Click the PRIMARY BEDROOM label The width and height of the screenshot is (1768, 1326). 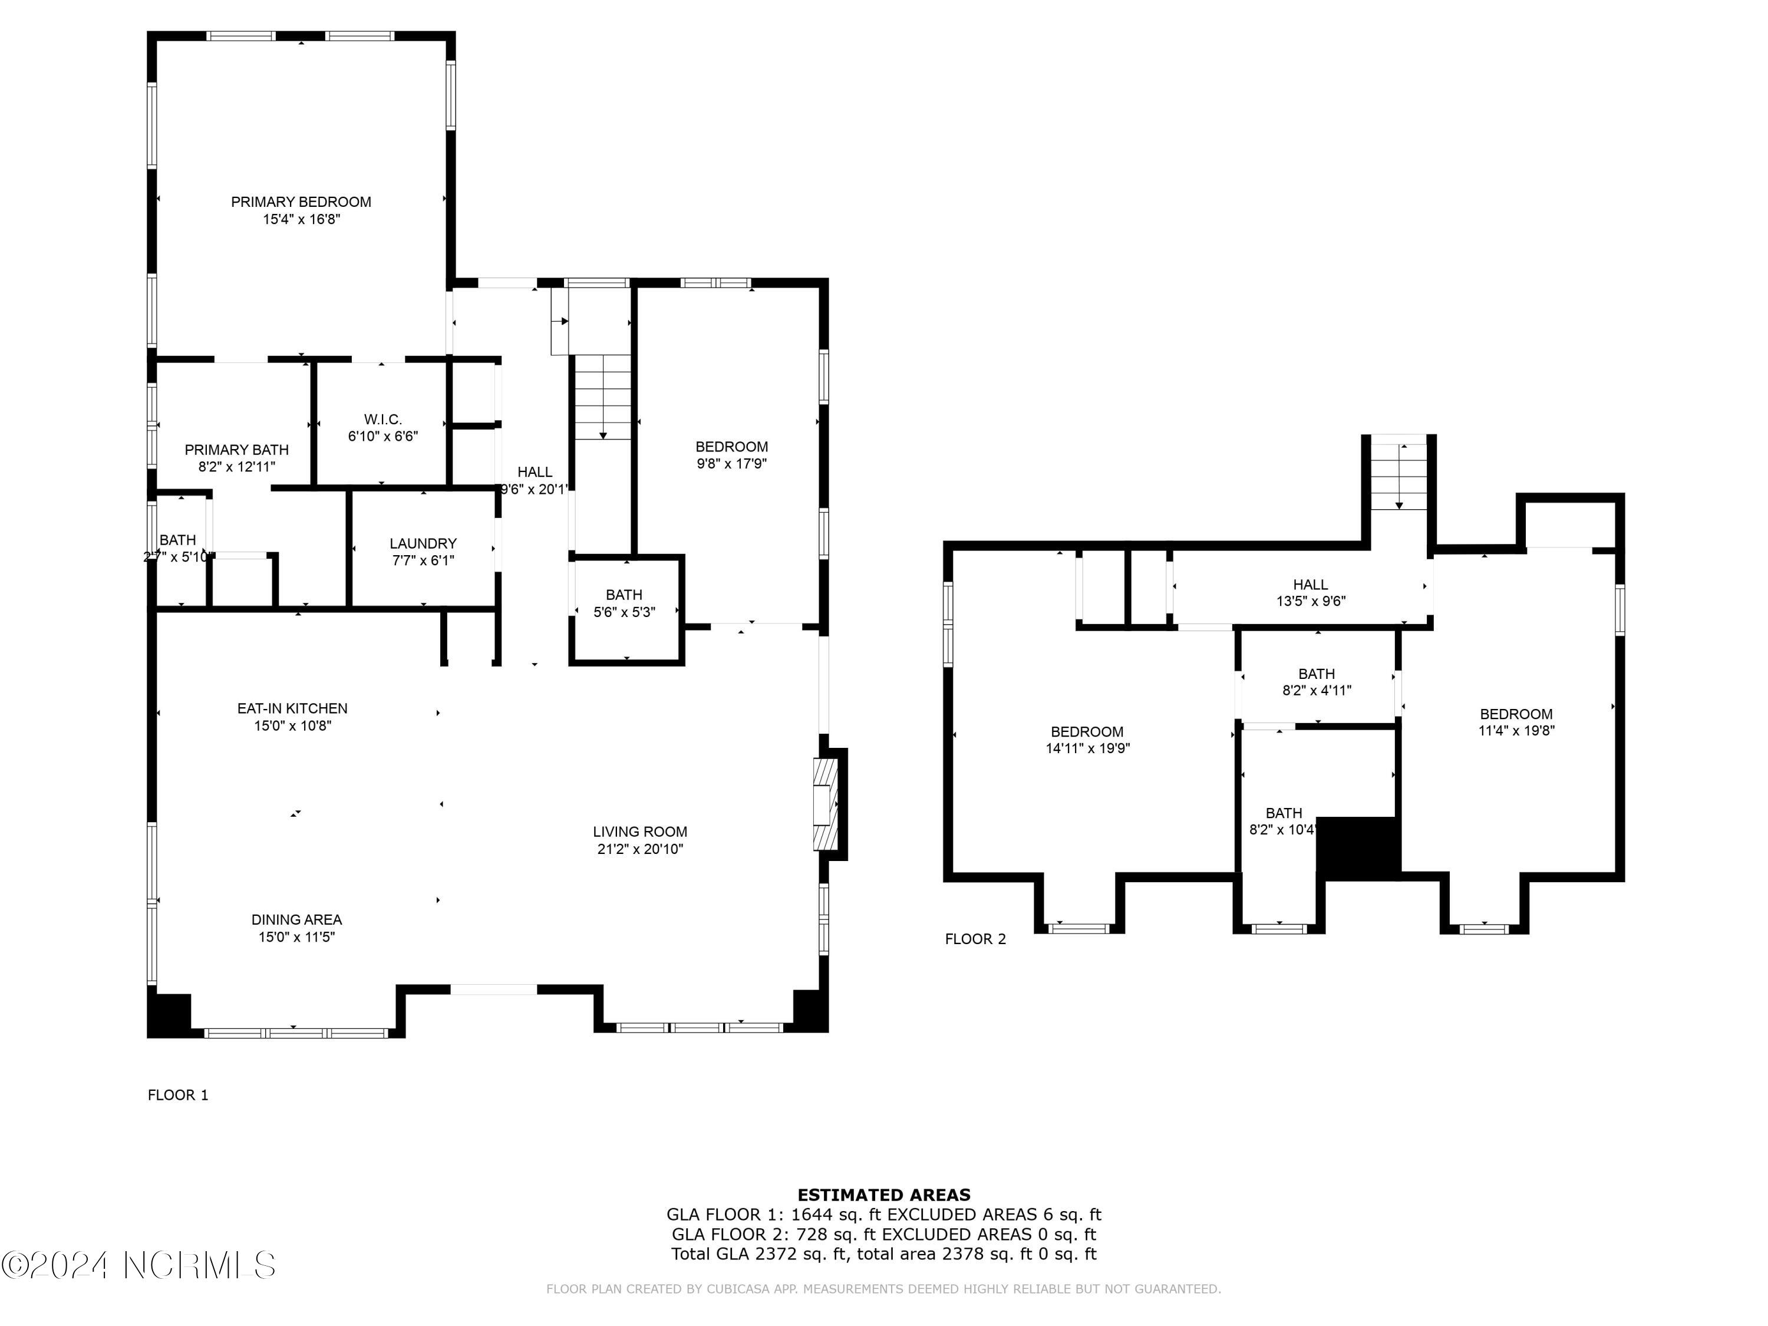click(301, 202)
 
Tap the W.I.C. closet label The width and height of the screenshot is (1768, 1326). click(383, 420)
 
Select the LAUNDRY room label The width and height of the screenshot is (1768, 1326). click(423, 543)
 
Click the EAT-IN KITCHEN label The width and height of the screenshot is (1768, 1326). click(292, 708)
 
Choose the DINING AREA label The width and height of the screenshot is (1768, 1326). click(296, 920)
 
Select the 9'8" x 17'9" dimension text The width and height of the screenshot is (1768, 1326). click(731, 464)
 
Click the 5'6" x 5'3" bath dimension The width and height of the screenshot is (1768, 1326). click(624, 612)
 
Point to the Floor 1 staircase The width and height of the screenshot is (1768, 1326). click(603, 397)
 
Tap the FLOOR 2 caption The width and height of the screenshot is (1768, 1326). click(975, 939)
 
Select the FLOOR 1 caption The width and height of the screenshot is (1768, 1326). click(178, 1095)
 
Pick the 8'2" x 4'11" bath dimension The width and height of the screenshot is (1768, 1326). click(1317, 691)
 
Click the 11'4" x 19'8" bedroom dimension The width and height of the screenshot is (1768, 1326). click(1516, 731)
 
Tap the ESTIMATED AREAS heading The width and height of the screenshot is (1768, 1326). click(884, 1195)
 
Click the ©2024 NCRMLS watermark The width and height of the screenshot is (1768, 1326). click(138, 1265)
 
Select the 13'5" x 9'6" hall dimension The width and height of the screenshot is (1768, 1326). click(1311, 602)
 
